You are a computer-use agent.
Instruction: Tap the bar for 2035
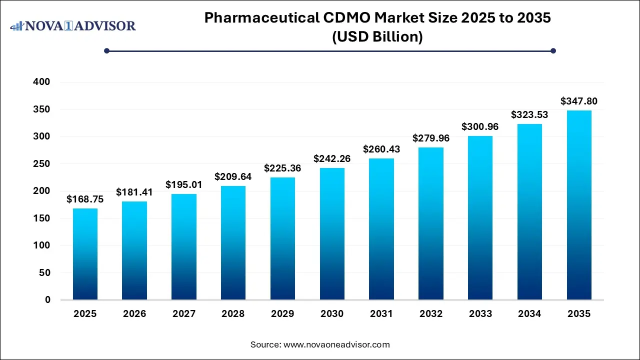pos(579,205)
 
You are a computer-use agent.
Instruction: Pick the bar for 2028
pos(233,243)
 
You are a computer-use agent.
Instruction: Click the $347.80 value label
pos(579,101)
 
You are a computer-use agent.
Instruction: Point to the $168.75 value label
pos(85,199)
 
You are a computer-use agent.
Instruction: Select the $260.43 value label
pos(381,149)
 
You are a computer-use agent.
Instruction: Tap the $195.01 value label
pos(184,185)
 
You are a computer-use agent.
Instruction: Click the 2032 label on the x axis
pos(431,314)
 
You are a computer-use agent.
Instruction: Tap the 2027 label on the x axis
pos(184,314)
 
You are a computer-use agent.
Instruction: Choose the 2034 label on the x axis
pos(529,314)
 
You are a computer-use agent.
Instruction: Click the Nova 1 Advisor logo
pos(73,25)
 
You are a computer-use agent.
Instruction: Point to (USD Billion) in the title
pos(377,37)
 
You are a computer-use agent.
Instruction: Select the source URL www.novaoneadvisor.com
pos(336,344)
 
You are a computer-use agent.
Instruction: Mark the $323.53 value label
pos(529,114)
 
